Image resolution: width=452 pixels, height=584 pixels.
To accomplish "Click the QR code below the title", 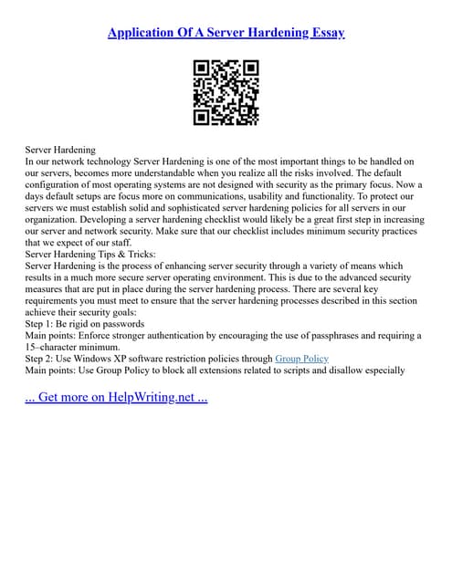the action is tap(226, 92).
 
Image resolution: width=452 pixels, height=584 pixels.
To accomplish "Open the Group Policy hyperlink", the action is tap(301, 359).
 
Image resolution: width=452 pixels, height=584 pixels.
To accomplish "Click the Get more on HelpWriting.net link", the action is tap(117, 399).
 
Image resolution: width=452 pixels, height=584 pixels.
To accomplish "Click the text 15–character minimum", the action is tap(72, 347).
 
